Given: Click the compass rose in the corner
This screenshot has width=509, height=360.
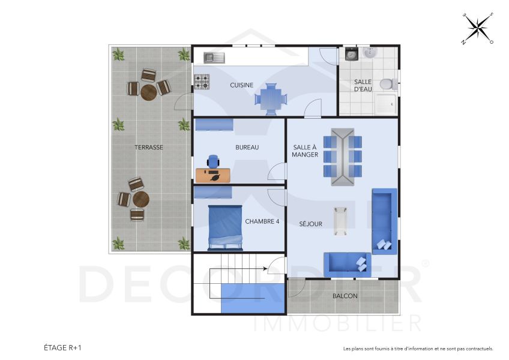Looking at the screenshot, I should click(x=478, y=28).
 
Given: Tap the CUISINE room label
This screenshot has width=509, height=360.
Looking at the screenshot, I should click(x=241, y=85).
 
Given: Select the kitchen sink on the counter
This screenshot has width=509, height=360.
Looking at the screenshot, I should click(x=213, y=58).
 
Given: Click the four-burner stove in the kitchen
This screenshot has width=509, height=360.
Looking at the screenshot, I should click(x=202, y=81).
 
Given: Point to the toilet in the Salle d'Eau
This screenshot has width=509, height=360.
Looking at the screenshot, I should click(x=389, y=83).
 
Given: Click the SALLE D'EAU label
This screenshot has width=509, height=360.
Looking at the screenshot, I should click(x=363, y=85).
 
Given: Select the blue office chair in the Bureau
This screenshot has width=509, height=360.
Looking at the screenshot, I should click(x=213, y=161).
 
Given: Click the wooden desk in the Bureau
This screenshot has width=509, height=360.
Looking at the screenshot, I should click(x=212, y=175).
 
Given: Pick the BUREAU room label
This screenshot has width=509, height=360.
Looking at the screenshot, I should click(x=247, y=147).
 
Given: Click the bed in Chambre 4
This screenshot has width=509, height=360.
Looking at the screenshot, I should click(x=225, y=227).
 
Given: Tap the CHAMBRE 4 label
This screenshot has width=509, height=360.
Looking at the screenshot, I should click(x=262, y=221).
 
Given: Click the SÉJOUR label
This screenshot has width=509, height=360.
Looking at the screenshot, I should click(x=311, y=224).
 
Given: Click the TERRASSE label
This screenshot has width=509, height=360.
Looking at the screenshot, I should click(x=149, y=147).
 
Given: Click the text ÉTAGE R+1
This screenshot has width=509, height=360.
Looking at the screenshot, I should click(x=62, y=347).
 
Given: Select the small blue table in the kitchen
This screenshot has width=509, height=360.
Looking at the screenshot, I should click(x=271, y=98).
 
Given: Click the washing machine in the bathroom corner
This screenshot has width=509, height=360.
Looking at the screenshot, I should click(x=351, y=55).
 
